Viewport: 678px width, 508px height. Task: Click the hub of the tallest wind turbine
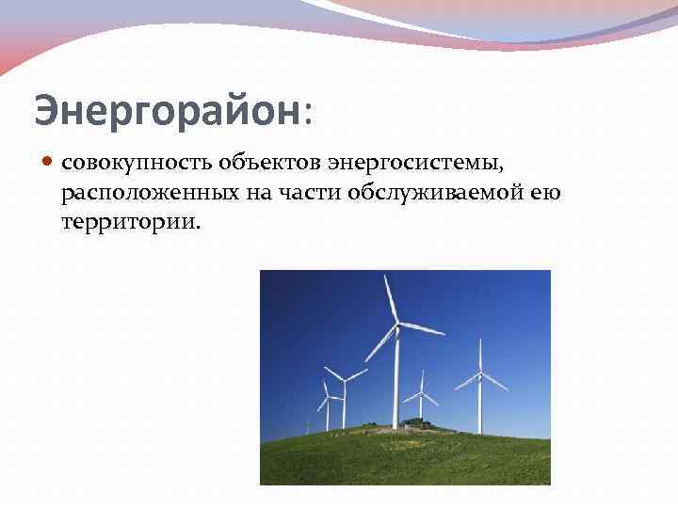click(x=396, y=324)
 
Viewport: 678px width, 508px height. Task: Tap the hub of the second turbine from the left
click(x=344, y=381)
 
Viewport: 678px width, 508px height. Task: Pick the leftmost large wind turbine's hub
click(x=327, y=398)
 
